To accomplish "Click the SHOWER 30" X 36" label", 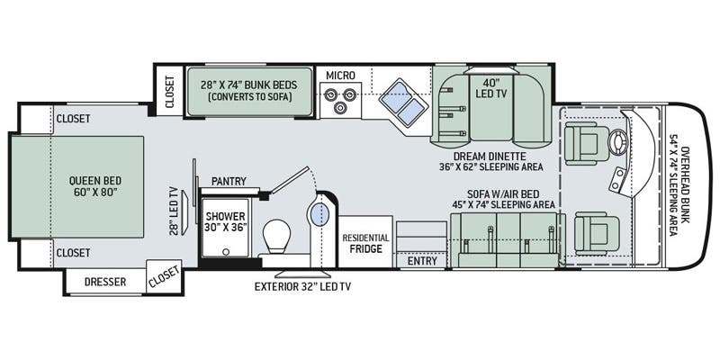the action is (x=226, y=220).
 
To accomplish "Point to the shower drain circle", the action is (x=226, y=251).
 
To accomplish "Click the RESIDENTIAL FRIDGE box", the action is (x=365, y=241).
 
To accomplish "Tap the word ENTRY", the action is (x=422, y=261).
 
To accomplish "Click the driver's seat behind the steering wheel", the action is (x=581, y=142).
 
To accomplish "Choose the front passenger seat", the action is (x=591, y=233).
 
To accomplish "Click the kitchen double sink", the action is (x=400, y=103).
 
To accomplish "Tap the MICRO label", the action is (x=340, y=75).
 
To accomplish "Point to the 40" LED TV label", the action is (x=491, y=89).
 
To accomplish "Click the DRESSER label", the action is (x=104, y=282).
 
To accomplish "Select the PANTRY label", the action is (x=229, y=182).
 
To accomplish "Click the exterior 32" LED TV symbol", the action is (x=302, y=274).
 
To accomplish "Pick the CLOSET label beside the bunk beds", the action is (x=169, y=92).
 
